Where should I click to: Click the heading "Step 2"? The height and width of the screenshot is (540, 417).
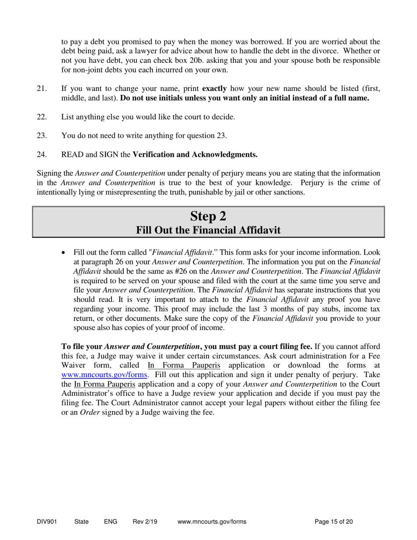[x=208, y=216]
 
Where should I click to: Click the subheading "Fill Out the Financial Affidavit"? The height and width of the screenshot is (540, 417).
[x=208, y=230]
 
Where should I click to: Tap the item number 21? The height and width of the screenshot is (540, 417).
[x=42, y=89]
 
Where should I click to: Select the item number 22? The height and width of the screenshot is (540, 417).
[x=42, y=117]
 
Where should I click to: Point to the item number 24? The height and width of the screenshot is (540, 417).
[x=42, y=155]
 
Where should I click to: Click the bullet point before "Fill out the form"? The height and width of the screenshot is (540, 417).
[x=65, y=253]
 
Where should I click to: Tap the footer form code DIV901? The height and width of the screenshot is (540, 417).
[x=47, y=522]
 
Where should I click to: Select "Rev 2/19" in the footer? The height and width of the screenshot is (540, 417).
[x=145, y=522]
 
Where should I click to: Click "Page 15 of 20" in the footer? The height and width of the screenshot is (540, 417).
[x=334, y=522]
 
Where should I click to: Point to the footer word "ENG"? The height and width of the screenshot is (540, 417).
[x=111, y=522]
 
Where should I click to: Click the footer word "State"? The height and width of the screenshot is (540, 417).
[x=81, y=522]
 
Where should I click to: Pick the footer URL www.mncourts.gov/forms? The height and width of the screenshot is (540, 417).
[x=212, y=522]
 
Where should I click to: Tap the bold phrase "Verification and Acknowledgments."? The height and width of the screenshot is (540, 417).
[x=195, y=155]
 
